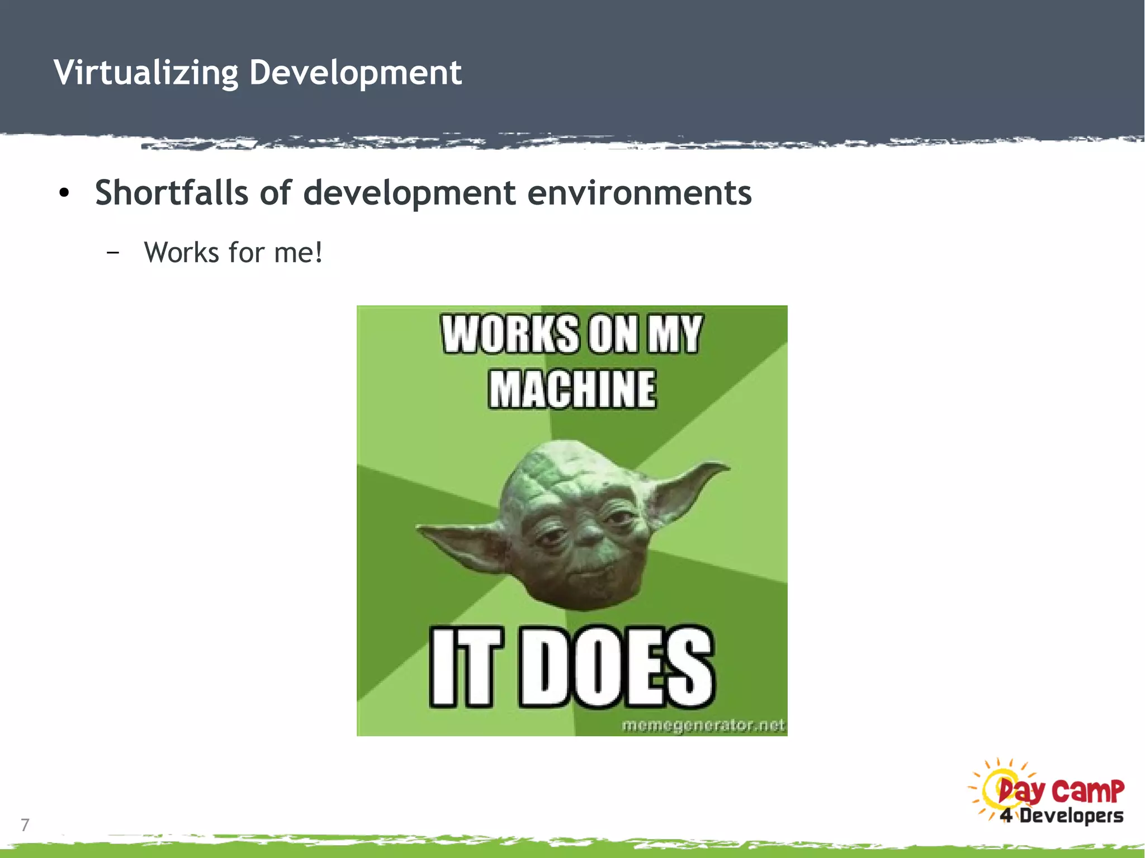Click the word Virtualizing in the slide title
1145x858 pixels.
(x=146, y=73)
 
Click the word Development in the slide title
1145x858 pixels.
(x=355, y=73)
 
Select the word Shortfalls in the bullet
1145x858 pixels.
(x=171, y=193)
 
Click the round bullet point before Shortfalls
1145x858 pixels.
(x=64, y=193)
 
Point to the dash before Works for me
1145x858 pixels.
(x=112, y=253)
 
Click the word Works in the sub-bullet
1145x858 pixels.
(x=182, y=253)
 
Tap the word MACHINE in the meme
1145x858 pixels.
(x=572, y=389)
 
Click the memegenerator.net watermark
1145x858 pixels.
(x=703, y=726)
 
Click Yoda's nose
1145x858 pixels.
(x=587, y=535)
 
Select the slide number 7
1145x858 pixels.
(x=25, y=824)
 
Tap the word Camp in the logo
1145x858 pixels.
(x=1087, y=790)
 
